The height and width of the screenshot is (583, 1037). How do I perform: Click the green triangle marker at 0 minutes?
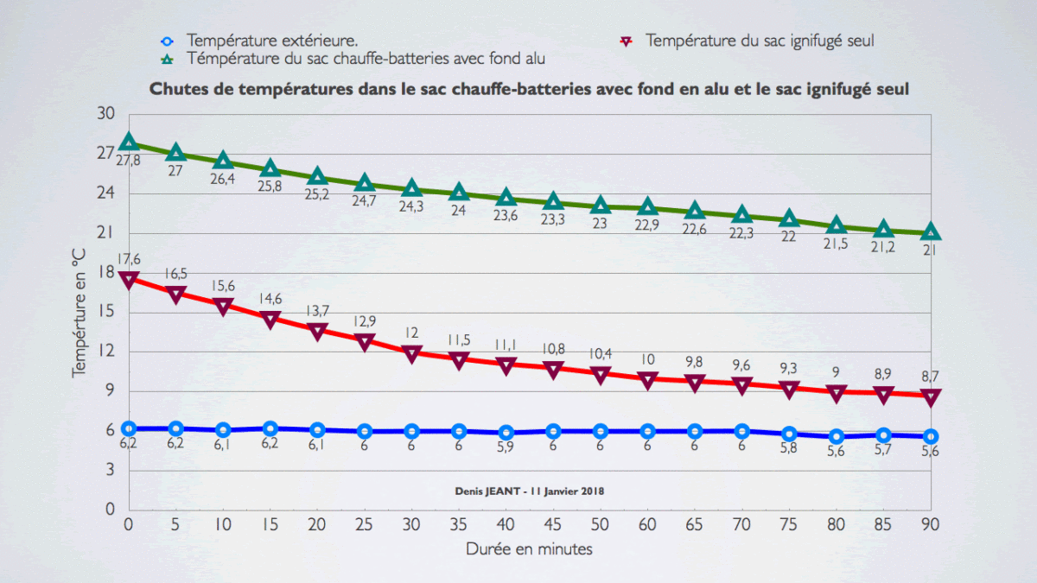coord(129,142)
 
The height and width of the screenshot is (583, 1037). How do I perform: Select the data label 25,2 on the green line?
coord(318,193)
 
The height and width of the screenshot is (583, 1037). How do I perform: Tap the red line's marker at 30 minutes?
coord(412,353)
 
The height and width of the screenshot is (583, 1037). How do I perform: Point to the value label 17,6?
coord(129,259)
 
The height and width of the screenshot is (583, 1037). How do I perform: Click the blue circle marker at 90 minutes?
coord(931,436)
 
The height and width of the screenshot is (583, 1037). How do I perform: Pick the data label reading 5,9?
coord(506,447)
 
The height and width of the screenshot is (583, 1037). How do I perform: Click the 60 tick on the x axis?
coord(648,524)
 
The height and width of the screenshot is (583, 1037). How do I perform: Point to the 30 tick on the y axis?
coord(105,113)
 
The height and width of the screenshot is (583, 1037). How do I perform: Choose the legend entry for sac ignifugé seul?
coord(760,40)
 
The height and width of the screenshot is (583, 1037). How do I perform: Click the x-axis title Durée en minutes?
coord(529,548)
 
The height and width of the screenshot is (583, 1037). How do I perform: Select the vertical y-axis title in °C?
coord(80,310)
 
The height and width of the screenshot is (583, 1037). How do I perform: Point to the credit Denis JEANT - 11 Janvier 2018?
coord(530,490)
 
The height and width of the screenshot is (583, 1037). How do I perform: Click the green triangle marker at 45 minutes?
coord(554,201)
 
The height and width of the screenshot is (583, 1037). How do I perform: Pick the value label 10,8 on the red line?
coord(553,349)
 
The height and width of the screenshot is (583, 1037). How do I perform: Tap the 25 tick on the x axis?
coord(365,524)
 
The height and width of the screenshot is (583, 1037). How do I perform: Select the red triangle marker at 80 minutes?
coord(837,393)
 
